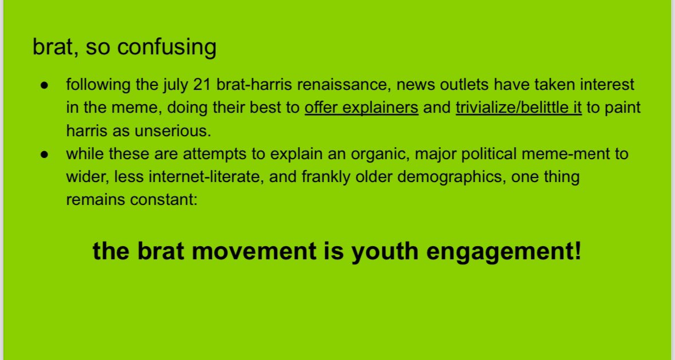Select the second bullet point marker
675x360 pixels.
coord(44,155)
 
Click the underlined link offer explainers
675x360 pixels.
coord(361,108)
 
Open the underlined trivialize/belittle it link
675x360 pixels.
coord(519,108)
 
